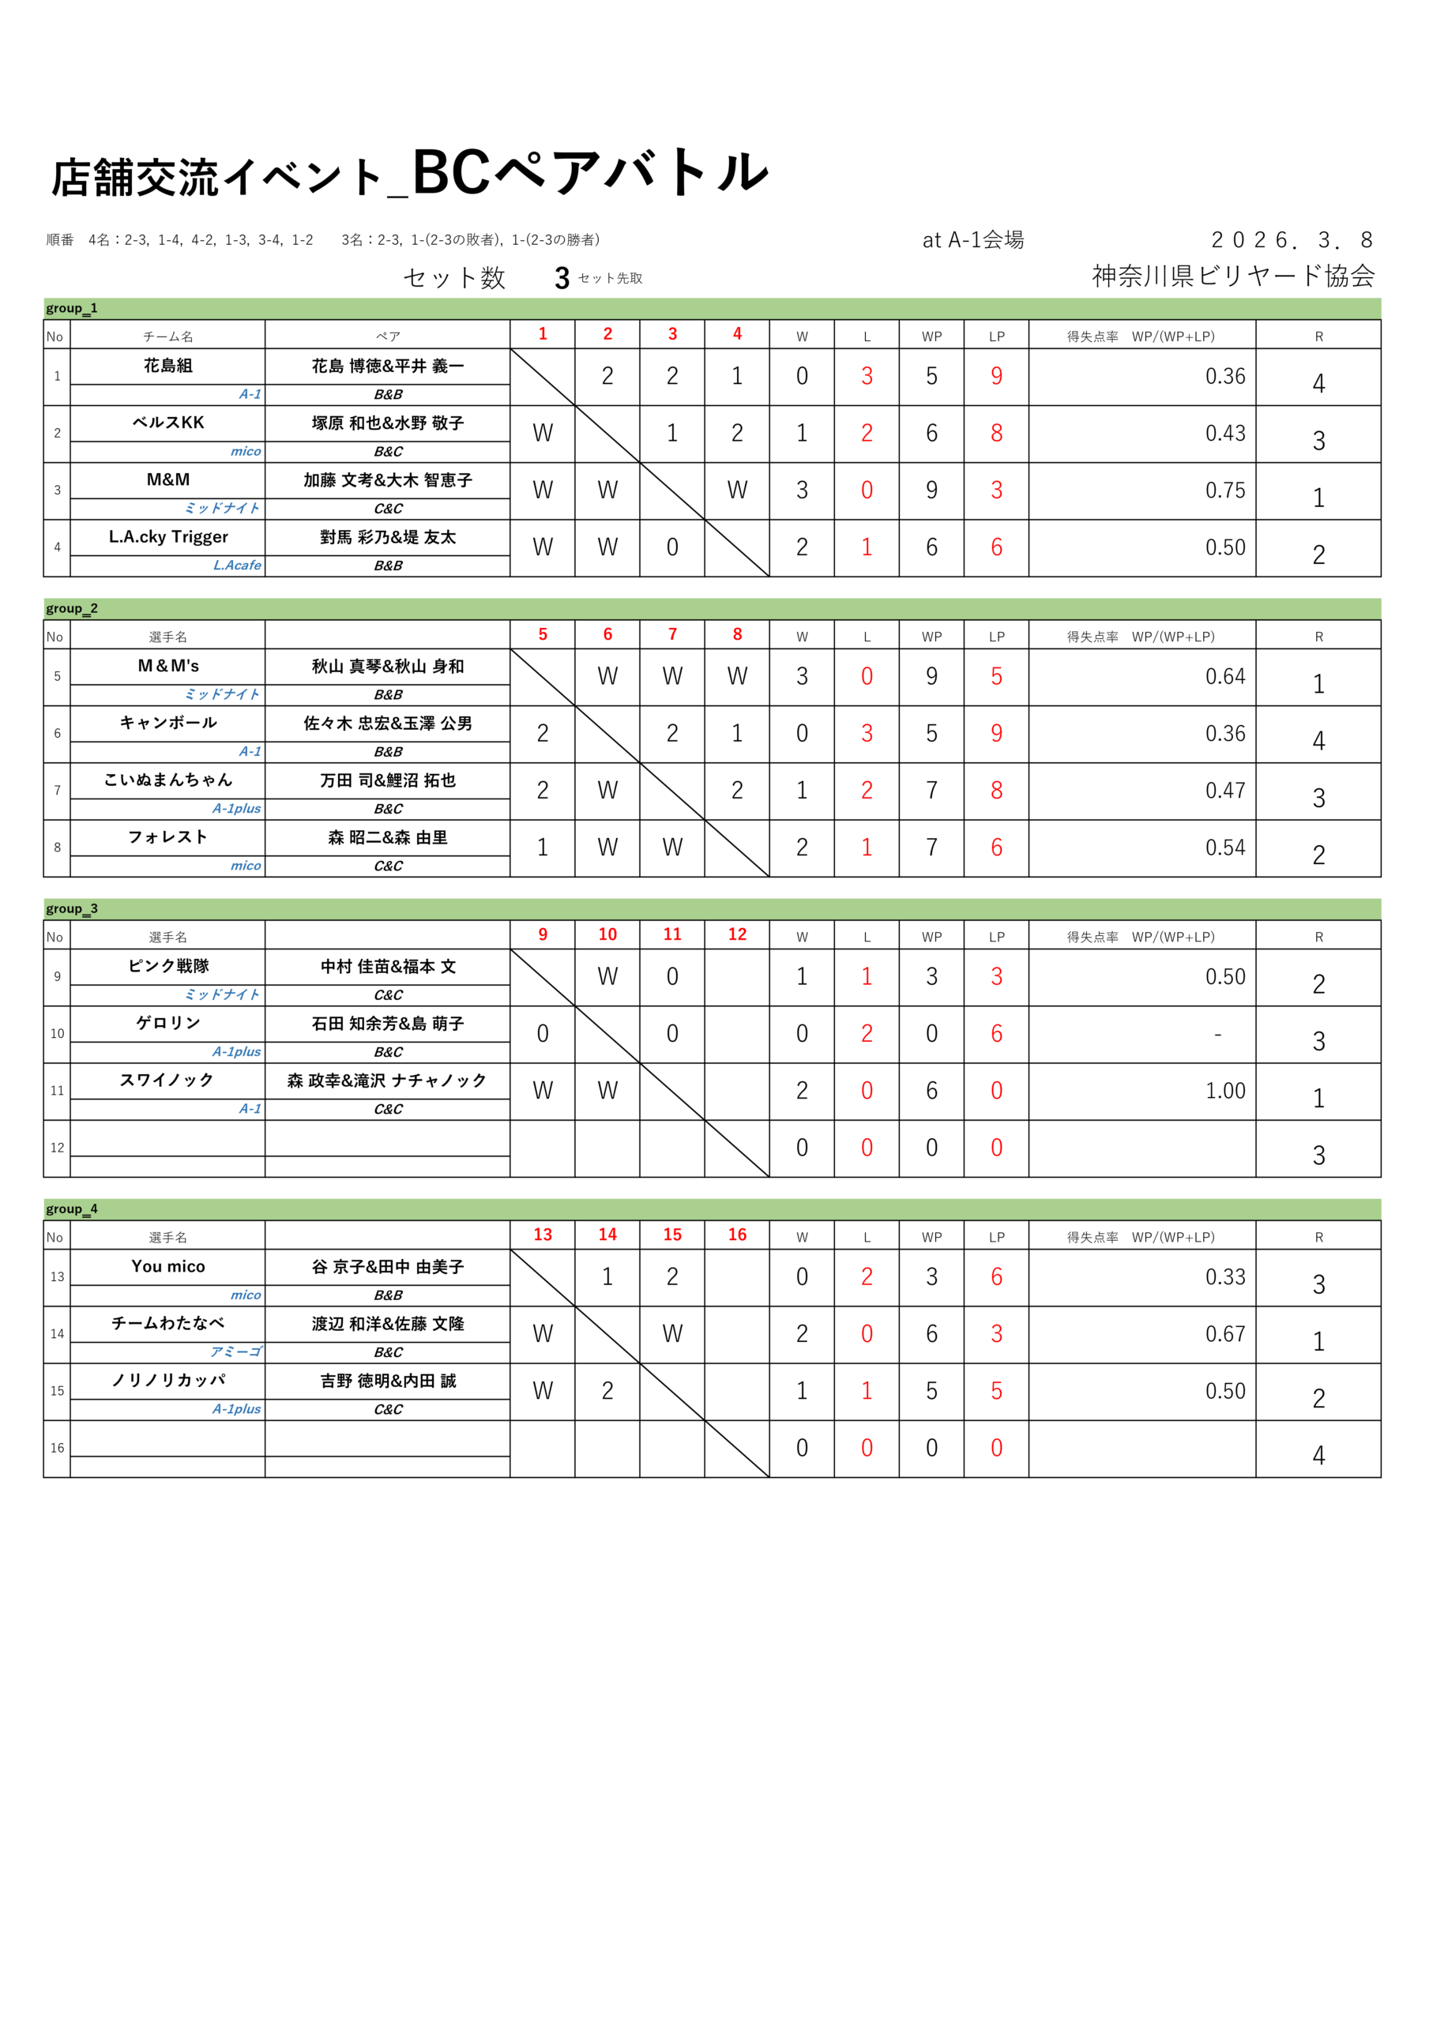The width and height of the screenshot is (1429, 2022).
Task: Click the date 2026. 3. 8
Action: pos(1291,240)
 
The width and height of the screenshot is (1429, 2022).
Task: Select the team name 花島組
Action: pos(167,366)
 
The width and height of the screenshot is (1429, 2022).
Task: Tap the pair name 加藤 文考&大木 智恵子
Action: pos(388,480)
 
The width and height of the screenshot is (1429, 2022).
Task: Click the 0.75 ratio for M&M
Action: pos(1224,490)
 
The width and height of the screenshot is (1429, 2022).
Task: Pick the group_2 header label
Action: pos(71,608)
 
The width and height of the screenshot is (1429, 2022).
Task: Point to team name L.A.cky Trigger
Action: pos(167,537)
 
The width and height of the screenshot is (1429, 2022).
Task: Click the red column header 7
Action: pos(672,634)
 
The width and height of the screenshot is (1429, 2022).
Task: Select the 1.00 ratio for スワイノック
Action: pos(1224,1091)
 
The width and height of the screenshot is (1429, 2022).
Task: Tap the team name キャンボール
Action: pos(167,723)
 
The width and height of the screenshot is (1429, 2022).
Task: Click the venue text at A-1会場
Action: pos(972,240)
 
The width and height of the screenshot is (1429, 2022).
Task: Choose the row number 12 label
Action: pos(57,1148)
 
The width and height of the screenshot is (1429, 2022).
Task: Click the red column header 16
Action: pos(736,1235)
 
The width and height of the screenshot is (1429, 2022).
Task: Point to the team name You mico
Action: pos(167,1266)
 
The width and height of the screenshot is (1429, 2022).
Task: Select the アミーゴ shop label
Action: pos(235,1351)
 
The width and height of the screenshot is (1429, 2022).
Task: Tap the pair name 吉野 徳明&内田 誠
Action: pos(388,1381)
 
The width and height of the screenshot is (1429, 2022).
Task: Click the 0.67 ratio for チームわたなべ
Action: pos(1224,1334)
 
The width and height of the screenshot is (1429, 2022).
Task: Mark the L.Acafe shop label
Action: pos(237,566)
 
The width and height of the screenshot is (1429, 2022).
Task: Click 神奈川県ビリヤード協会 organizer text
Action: pos(1232,276)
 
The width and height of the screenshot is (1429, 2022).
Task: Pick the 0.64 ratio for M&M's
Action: pos(1224,676)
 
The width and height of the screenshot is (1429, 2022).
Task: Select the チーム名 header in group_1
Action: pos(167,336)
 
